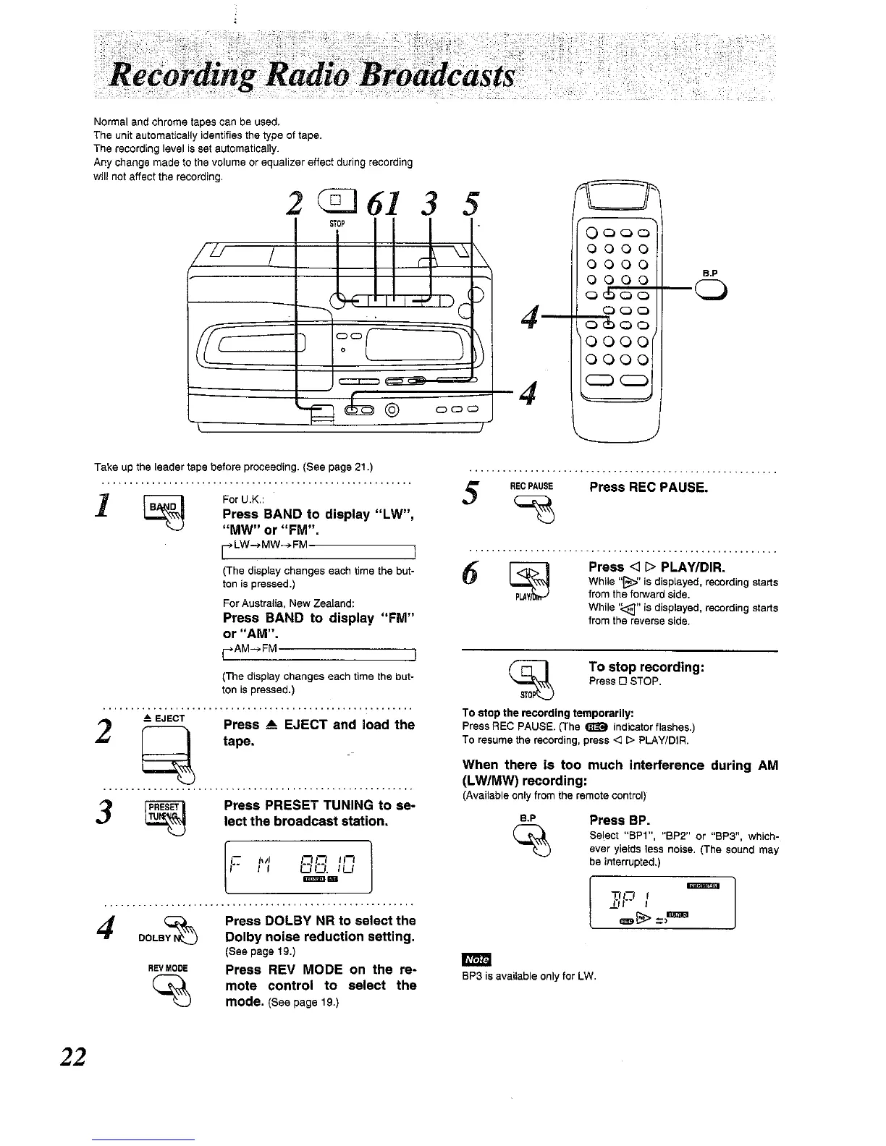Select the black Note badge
476,959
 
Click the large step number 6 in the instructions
478,577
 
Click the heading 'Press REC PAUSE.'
648,487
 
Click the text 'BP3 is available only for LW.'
528,976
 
